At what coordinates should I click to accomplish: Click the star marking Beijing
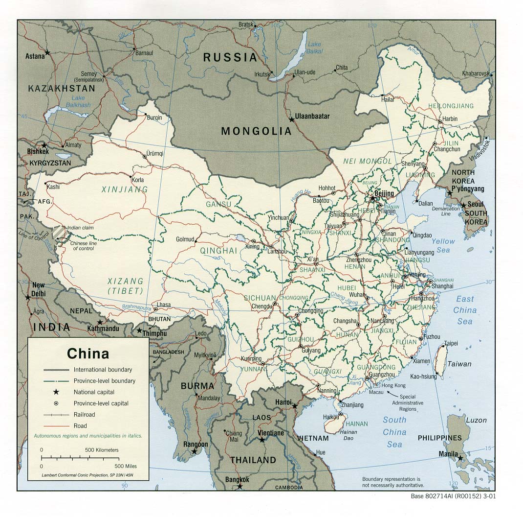coord(373,199)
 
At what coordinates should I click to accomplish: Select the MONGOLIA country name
coord(256,131)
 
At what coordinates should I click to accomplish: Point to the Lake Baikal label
coord(314,47)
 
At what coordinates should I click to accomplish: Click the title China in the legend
coord(88,353)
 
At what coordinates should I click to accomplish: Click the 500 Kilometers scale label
coord(102,449)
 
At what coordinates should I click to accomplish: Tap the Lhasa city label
coord(164,305)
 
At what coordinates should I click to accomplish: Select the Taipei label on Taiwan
coord(451,343)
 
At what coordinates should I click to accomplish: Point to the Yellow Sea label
coord(443,245)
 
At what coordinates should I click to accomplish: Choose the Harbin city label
coord(450,118)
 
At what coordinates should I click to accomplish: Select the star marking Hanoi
coord(295,406)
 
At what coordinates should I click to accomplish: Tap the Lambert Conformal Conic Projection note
coord(87,475)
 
